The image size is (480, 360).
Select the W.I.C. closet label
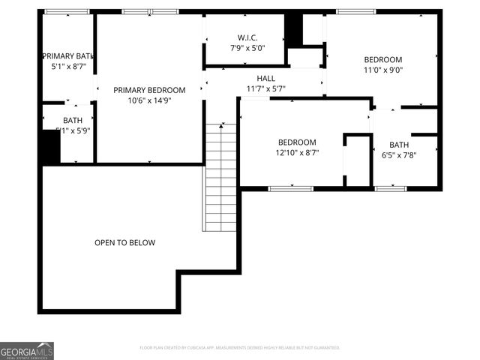pyautogui.click(x=247, y=37)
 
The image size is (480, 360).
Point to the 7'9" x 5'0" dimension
pyautogui.click(x=247, y=48)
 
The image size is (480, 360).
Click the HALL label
pyautogui.click(x=265, y=78)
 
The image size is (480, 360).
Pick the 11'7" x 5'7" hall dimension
pyautogui.click(x=265, y=88)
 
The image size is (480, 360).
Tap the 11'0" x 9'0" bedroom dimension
pyautogui.click(x=383, y=70)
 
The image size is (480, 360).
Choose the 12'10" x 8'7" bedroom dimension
pyautogui.click(x=297, y=153)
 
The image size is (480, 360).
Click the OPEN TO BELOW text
pyautogui.click(x=124, y=242)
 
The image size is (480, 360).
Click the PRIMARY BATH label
pyautogui.click(x=68, y=56)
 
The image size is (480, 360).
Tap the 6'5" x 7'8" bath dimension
pyautogui.click(x=399, y=155)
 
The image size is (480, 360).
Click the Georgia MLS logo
pyautogui.click(x=27, y=350)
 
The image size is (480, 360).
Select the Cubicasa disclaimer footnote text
pyautogui.click(x=240, y=348)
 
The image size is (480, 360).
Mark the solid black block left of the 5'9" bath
pyautogui.click(x=50, y=148)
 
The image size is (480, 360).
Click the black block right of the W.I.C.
pyautogui.click(x=293, y=30)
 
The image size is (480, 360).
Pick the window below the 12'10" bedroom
pyautogui.click(x=290, y=188)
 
